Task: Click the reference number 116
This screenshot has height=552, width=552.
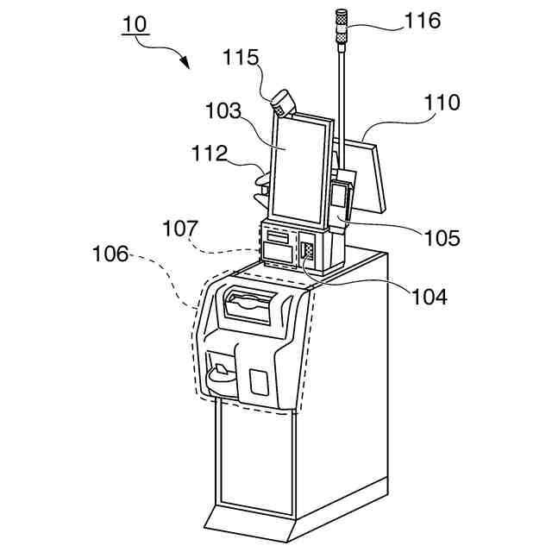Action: point(423,20)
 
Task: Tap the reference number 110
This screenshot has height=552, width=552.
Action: point(442,102)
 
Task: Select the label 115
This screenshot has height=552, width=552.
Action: point(241,58)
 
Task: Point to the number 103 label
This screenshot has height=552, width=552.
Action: point(223,112)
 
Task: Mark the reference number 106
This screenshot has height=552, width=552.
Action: point(110,254)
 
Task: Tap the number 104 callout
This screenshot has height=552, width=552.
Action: point(429,297)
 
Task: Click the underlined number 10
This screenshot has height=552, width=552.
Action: point(134,23)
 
